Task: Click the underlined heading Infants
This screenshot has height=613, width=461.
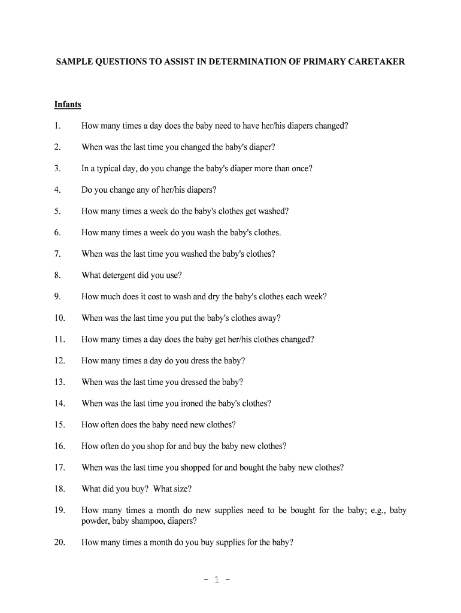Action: point(68,105)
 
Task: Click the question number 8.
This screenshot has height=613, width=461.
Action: point(57,275)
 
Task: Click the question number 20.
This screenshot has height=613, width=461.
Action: point(59,543)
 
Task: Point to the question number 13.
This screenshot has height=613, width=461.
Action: point(59,382)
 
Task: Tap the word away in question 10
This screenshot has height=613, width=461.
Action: point(268,318)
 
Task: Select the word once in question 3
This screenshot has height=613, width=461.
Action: point(300,169)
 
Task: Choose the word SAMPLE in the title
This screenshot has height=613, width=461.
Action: point(74,62)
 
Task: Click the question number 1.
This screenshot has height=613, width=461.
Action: point(57,126)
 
